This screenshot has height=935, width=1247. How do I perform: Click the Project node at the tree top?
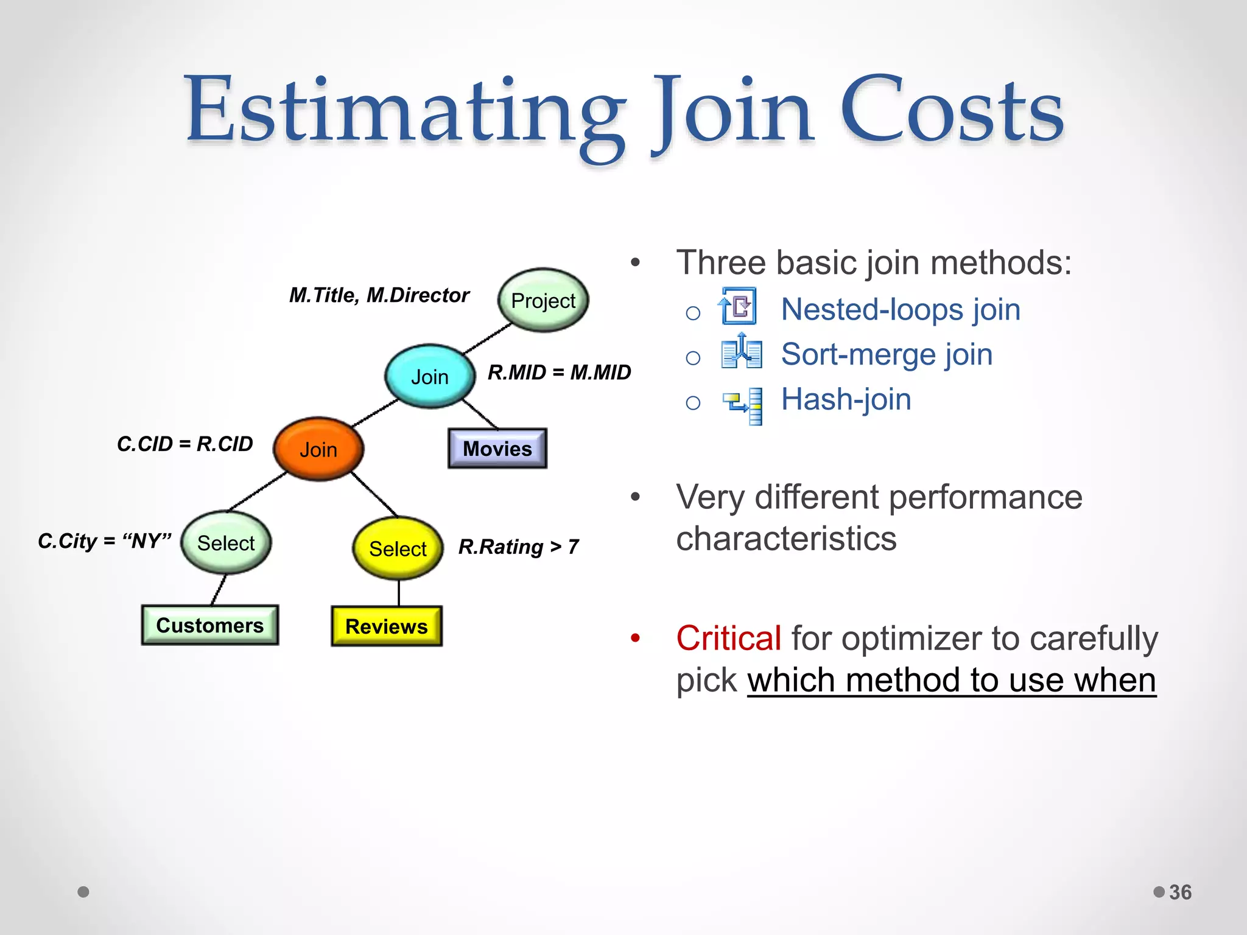(543, 300)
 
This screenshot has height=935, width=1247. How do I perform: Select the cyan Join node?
(430, 377)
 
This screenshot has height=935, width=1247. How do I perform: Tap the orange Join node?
(318, 449)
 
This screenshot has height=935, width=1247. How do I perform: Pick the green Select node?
(226, 542)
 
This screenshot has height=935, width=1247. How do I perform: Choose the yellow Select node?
(398, 548)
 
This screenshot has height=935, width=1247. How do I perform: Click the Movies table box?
(497, 449)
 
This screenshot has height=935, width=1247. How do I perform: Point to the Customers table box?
(210, 625)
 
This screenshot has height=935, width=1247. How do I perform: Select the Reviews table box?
(387, 626)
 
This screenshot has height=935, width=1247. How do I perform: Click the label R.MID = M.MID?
(559, 373)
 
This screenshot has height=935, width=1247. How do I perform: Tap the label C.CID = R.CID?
(184, 444)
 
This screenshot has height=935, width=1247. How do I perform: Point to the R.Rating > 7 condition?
(518, 547)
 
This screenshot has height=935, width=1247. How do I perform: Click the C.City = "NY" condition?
(105, 541)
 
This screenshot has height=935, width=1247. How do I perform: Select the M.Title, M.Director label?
(379, 295)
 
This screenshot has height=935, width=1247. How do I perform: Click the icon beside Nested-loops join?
(738, 306)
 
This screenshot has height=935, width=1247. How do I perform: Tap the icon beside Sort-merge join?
(741, 351)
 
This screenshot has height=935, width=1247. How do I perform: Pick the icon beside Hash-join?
(743, 405)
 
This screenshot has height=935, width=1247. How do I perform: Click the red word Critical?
(728, 639)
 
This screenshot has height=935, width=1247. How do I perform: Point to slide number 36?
(1180, 892)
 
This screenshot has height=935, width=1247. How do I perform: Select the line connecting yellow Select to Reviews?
(399, 593)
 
